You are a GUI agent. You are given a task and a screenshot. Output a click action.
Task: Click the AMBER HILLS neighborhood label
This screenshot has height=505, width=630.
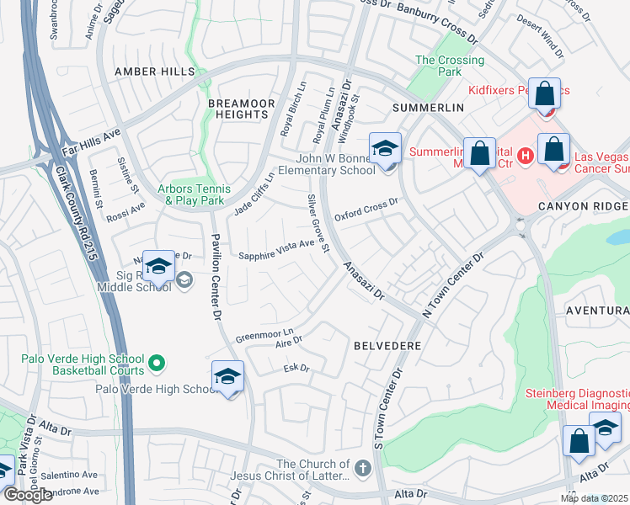[154, 72]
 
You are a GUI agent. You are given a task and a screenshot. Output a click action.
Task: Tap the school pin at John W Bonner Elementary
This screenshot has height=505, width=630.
[385, 149]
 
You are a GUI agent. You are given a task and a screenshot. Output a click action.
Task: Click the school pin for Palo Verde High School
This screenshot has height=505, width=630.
[227, 378]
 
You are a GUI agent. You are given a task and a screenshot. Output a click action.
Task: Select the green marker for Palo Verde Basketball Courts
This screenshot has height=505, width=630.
[156, 364]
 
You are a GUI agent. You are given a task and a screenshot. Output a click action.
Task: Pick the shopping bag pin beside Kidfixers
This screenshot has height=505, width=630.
[545, 93]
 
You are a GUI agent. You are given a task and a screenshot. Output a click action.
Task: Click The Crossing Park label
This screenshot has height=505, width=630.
[450, 66]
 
